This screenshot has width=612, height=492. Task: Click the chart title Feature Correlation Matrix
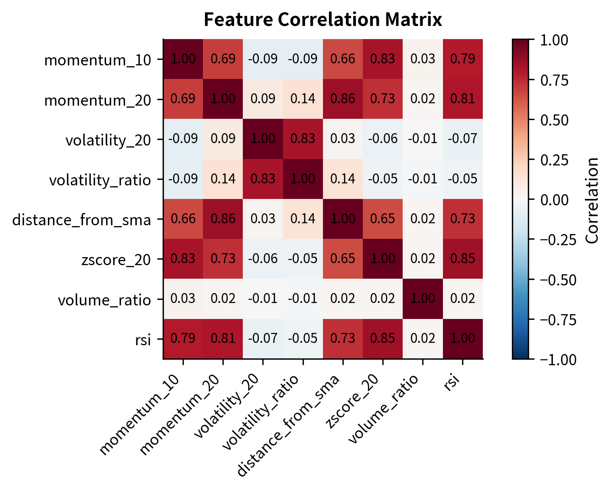(323, 20)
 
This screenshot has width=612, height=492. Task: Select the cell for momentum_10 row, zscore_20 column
(383, 59)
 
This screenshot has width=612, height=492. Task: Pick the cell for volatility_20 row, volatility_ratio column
(303, 139)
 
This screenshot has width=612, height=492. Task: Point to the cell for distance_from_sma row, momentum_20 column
(223, 219)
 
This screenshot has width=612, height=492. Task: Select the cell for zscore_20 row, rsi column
(462, 259)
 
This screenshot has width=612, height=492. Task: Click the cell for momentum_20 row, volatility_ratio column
(303, 99)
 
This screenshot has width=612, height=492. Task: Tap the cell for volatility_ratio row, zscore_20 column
(383, 179)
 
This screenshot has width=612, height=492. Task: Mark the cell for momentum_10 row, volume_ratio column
(423, 59)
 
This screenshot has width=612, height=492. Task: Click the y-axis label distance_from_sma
(82, 220)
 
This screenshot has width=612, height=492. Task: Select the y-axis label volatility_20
(108, 140)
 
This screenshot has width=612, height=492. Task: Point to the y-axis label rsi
(142, 340)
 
